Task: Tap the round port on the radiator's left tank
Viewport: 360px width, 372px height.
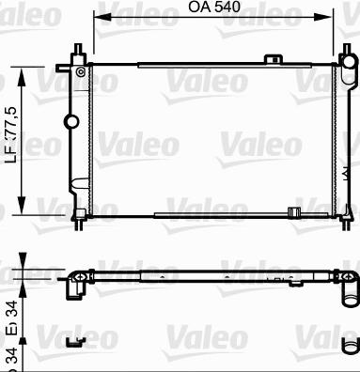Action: [70, 120]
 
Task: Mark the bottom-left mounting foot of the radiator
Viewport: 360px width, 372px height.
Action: [80, 219]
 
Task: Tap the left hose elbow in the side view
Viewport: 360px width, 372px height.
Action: [72, 286]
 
